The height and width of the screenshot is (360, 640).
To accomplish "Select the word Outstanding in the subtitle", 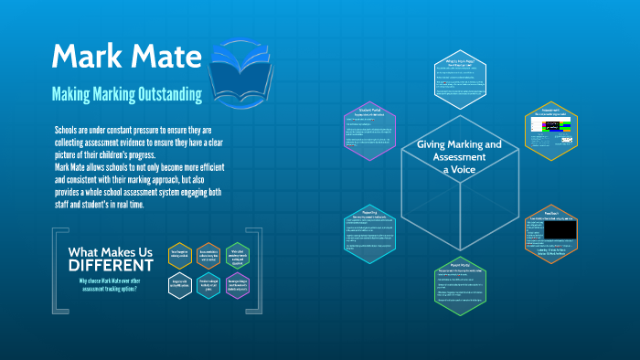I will (x=175, y=93).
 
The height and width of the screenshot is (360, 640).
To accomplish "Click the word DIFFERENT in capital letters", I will (x=106, y=266).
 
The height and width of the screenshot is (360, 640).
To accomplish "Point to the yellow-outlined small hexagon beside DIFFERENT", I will (x=180, y=256).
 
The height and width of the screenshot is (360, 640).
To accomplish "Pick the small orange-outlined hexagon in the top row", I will (x=208, y=256).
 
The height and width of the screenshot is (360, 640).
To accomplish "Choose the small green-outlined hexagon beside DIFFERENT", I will (x=237, y=256).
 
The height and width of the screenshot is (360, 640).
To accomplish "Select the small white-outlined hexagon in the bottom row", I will (x=180, y=285).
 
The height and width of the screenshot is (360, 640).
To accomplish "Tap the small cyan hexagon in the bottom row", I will (x=208, y=285).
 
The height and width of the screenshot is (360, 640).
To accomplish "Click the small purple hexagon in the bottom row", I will (x=237, y=285).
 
